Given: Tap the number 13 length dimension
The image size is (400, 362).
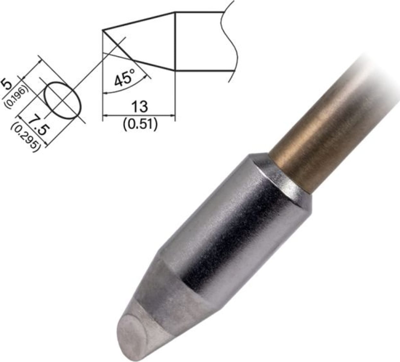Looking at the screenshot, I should [x=139, y=107].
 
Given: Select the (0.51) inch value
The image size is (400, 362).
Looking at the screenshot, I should [x=140, y=124].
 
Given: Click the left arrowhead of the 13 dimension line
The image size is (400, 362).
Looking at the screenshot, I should [x=105, y=115].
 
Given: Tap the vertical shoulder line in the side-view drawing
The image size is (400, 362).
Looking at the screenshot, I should [x=174, y=42].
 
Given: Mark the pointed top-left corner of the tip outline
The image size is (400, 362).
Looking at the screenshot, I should [x=103, y=31].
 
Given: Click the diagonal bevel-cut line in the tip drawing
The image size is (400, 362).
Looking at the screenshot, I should [x=117, y=45].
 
